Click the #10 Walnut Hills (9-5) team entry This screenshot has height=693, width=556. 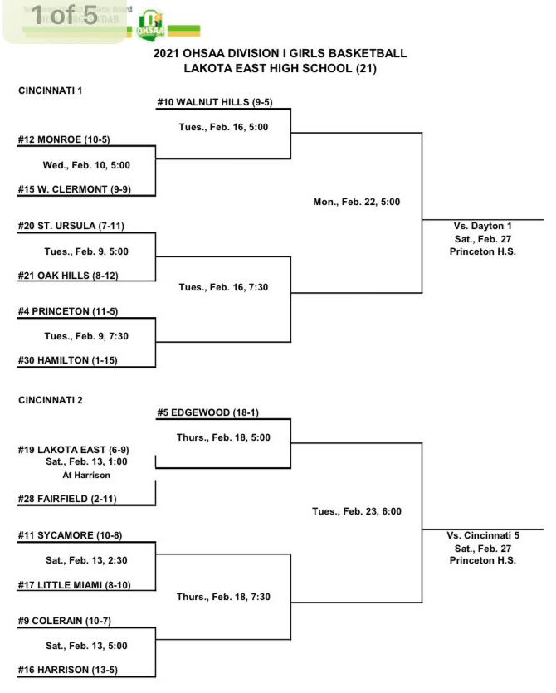point(215,102)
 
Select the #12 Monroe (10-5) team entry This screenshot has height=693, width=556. point(67,139)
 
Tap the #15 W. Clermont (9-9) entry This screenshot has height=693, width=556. point(74,189)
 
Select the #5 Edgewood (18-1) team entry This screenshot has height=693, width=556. point(207,412)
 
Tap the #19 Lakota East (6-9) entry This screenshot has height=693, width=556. point(73,449)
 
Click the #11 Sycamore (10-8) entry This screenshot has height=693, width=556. point(70,535)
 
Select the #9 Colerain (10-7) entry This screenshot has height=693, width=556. point(68,620)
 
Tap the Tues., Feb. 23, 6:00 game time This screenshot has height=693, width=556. point(357,511)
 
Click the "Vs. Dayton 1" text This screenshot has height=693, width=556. point(482,226)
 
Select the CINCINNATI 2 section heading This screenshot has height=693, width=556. point(51,400)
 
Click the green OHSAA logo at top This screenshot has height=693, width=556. point(151,25)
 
